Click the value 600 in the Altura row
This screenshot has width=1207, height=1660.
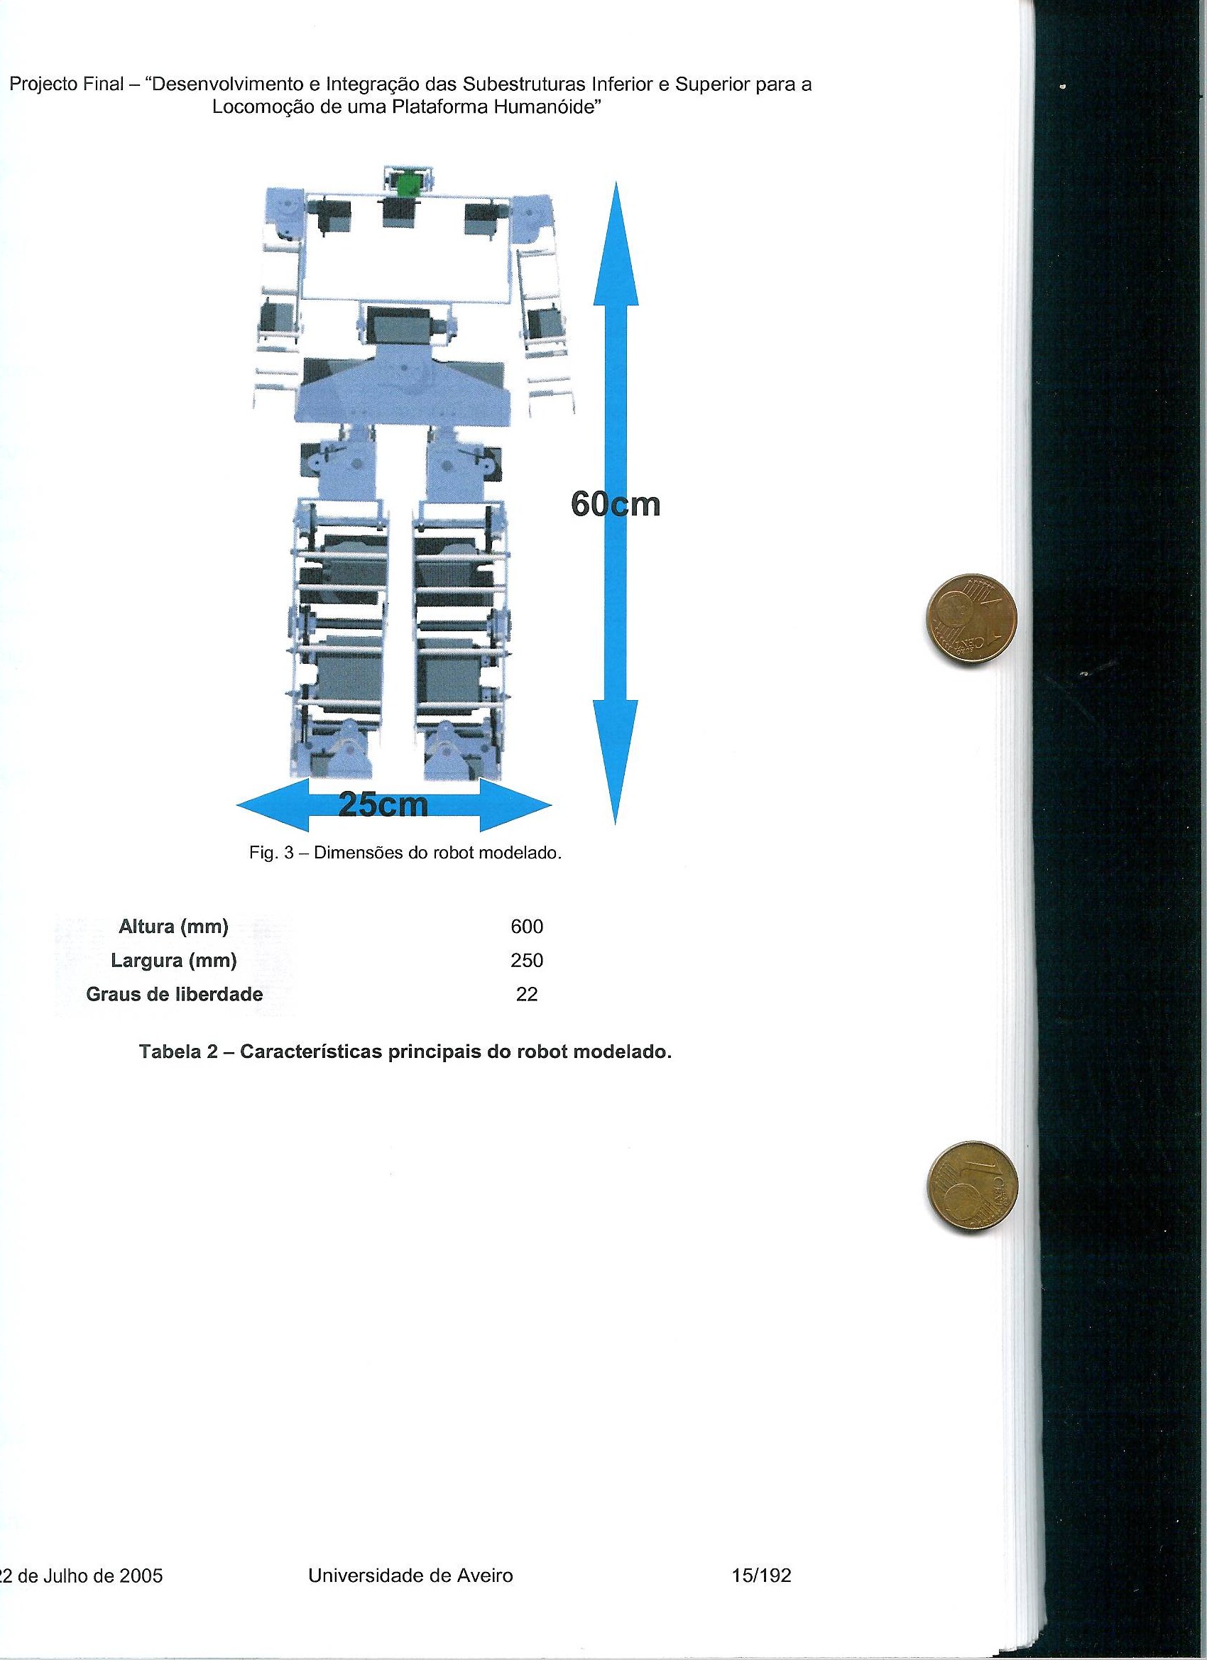coord(527,927)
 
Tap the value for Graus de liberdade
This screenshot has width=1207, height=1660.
coord(527,995)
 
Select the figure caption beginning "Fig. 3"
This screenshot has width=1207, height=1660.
coord(405,854)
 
